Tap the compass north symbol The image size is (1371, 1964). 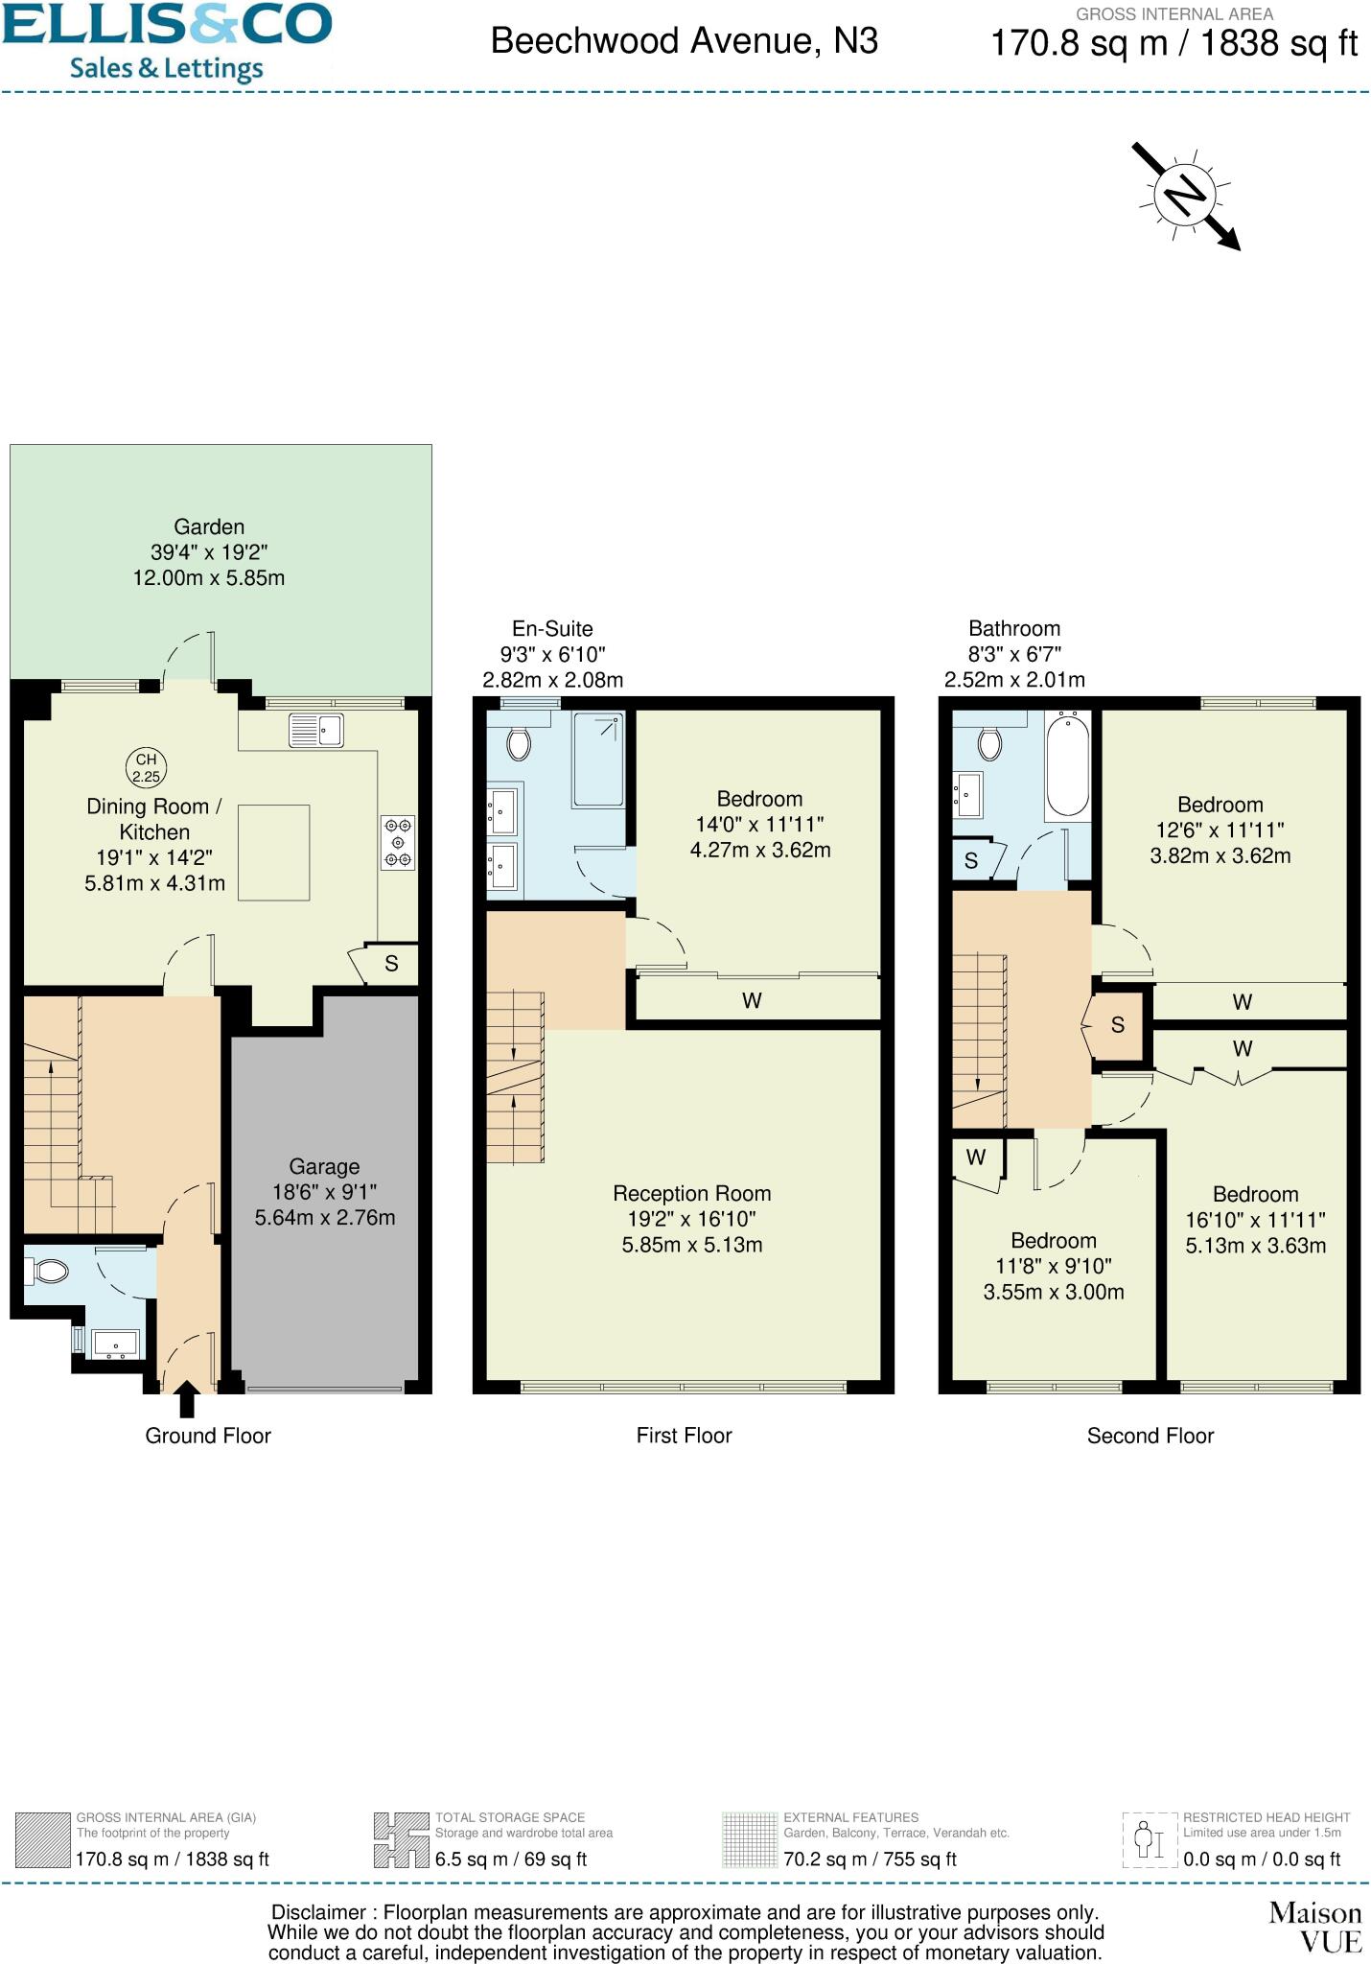1184,197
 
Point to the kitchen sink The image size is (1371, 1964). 315,731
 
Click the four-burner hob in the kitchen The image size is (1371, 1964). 398,843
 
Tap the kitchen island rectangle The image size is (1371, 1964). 273,853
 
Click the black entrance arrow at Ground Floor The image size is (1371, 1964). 187,1399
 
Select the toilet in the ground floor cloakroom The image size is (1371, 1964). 49,1273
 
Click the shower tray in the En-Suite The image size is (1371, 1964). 598,759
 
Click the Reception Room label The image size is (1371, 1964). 691,1194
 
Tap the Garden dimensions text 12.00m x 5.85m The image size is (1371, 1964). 208,578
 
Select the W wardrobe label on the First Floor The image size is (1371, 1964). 752,1001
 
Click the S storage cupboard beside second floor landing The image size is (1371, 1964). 1117,1025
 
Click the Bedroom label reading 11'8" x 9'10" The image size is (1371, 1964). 1053,1266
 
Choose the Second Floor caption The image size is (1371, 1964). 1150,1436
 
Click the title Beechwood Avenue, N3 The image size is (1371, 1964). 684,41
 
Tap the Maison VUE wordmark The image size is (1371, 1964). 1314,1927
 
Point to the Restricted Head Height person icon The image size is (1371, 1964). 1149,1839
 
